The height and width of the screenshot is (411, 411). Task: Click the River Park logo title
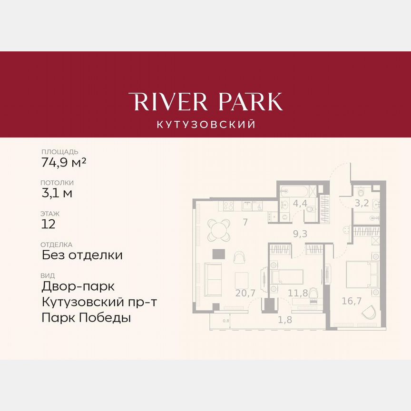(205, 101)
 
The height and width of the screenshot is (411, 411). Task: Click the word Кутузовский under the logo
(205, 125)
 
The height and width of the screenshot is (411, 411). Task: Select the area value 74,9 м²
(64, 163)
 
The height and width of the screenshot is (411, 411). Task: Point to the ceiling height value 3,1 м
(57, 193)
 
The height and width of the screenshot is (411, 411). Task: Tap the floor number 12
(49, 224)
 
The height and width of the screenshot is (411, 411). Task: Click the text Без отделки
(82, 255)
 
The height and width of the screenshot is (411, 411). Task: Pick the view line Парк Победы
(86, 317)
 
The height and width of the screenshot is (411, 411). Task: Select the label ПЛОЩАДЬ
(59, 152)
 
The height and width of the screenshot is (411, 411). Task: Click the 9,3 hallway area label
(299, 234)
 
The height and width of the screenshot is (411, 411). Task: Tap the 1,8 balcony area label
(285, 320)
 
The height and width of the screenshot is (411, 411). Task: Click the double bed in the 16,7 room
(360, 274)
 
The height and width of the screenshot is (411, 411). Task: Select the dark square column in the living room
(218, 254)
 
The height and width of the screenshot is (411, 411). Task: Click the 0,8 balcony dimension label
(226, 320)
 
